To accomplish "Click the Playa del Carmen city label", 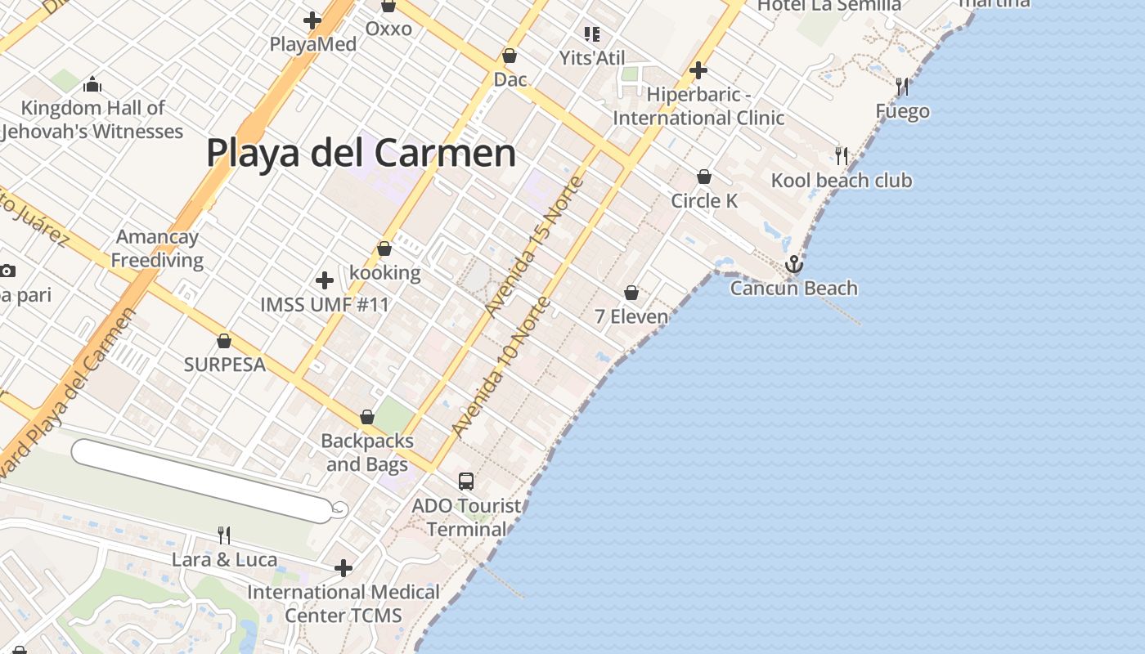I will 361,153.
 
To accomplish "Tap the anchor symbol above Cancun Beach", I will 793,264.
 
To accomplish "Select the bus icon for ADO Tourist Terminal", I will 466,482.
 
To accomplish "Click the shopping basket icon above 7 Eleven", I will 631,292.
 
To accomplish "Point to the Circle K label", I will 704,201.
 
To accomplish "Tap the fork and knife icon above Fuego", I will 902,86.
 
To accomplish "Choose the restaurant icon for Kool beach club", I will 841,155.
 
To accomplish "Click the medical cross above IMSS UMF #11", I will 325,280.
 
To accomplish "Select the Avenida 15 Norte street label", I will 534,246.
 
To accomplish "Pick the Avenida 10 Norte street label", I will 501,367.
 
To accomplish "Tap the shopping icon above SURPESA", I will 224,340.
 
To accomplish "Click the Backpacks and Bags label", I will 367,453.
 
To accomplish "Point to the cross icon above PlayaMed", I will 312,20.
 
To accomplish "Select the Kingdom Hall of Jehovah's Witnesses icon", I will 92,84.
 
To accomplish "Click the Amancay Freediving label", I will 157,249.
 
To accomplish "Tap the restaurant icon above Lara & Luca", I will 223,535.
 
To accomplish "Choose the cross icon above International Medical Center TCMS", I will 343,567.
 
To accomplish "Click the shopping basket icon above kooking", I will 384,248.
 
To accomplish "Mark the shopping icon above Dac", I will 510,56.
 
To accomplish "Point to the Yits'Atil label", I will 592,58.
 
